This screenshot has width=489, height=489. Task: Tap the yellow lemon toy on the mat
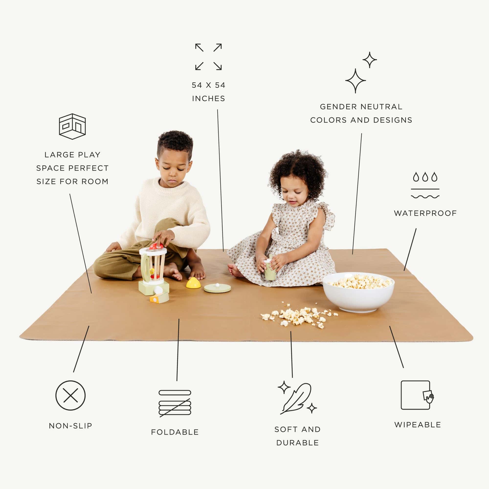(193, 283)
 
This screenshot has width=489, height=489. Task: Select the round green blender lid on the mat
(217, 288)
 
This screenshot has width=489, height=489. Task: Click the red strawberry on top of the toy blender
(156, 246)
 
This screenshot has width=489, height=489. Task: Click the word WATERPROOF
(425, 213)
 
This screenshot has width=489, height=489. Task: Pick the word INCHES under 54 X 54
(209, 99)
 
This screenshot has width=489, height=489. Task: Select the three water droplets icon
(425, 177)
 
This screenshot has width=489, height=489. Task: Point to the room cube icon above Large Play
(72, 126)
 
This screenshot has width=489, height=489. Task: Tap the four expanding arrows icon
(209, 57)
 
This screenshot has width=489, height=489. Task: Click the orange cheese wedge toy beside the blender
(159, 298)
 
